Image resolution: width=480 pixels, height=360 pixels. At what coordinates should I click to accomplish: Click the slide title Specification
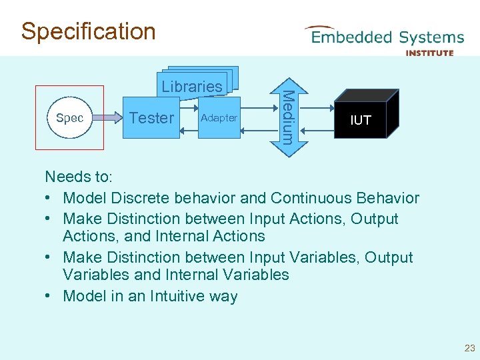[88, 31]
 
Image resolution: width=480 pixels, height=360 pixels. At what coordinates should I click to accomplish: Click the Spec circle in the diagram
[69, 118]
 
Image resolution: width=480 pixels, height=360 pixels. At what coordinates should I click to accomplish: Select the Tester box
[152, 118]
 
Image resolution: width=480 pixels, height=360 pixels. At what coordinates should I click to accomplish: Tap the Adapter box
[219, 118]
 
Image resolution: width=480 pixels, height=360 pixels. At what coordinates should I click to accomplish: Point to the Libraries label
[192, 86]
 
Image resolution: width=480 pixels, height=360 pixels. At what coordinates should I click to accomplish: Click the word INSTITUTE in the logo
[429, 53]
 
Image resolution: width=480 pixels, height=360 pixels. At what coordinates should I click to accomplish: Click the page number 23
[469, 348]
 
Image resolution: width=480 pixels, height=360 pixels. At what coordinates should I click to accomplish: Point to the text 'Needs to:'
[79, 177]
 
